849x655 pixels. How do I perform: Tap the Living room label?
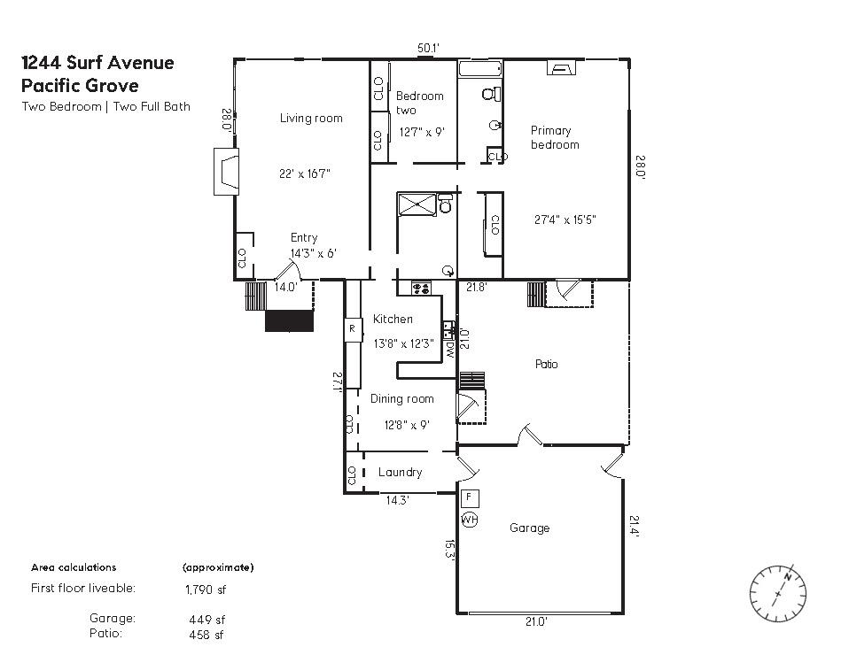click(x=311, y=119)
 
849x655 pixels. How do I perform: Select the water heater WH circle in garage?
click(x=469, y=520)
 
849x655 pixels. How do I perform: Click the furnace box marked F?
click(x=469, y=498)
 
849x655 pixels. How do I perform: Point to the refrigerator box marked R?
click(x=352, y=329)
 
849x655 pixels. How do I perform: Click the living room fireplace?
click(x=225, y=172)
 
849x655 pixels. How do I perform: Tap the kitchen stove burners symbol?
click(x=421, y=288)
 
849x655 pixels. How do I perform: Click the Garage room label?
click(x=529, y=528)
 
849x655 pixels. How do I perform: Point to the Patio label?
click(x=547, y=364)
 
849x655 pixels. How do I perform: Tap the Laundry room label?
click(x=400, y=473)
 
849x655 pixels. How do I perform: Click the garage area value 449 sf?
click(x=207, y=620)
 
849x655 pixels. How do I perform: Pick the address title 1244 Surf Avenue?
click(x=97, y=63)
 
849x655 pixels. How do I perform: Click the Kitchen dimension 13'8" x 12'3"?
click(x=403, y=344)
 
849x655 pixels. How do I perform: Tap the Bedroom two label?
click(x=419, y=103)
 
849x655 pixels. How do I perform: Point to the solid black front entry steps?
click(x=290, y=320)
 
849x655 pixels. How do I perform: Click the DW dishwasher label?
click(x=450, y=350)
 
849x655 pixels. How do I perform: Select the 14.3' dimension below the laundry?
click(x=397, y=501)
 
